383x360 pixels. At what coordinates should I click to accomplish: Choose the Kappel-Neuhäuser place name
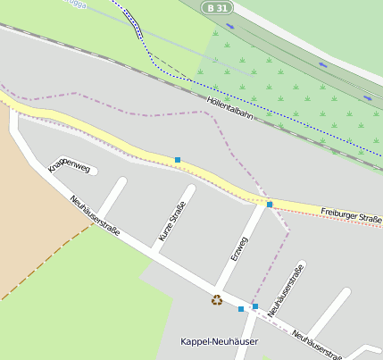point(219,342)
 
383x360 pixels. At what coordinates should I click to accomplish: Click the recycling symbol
point(216,300)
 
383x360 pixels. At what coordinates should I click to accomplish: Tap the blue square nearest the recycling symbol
point(240,309)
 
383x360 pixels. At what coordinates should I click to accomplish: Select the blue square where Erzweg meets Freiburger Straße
point(270,205)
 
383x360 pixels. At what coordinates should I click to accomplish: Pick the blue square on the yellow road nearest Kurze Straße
point(178,160)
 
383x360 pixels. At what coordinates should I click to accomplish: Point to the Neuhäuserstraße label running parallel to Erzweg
point(286,290)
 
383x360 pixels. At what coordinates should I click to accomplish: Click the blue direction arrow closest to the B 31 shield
point(321,64)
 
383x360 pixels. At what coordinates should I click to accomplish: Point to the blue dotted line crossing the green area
point(268,103)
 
